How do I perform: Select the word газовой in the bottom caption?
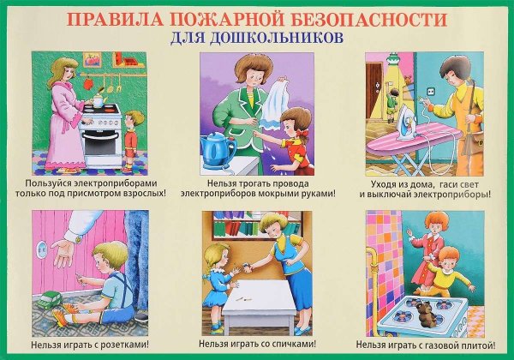coord(433,345)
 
